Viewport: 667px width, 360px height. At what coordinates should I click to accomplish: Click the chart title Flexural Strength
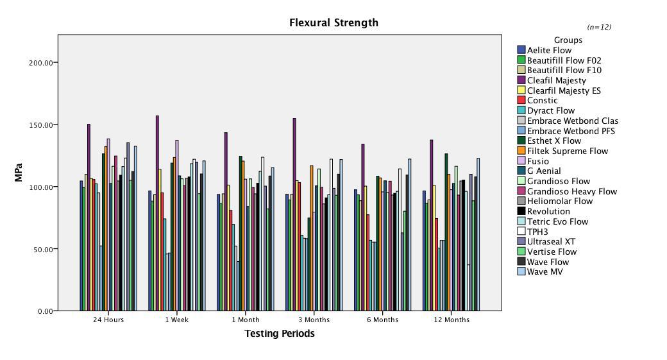coord(333,22)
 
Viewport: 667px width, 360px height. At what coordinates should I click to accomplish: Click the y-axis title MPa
coord(19,172)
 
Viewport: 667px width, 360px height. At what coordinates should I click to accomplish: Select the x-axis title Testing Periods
coord(280,334)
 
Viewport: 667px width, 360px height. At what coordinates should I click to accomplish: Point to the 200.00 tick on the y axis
coord(40,63)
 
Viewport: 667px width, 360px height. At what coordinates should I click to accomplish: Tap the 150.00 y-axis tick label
coord(40,124)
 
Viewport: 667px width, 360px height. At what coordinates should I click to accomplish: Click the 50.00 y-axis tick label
coord(42,249)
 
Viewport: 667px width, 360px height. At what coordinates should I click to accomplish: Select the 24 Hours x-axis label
coord(108,320)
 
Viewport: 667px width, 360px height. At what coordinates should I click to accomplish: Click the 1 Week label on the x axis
coord(177,320)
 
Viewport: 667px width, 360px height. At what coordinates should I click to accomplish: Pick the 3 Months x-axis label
coord(314,320)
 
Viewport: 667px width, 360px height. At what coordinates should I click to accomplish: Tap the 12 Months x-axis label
coord(452,320)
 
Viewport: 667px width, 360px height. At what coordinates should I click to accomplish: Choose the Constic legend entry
coord(542,100)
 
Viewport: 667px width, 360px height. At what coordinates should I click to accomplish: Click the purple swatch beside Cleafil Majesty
coord(521,80)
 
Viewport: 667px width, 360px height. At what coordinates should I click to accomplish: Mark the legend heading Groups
coord(568,40)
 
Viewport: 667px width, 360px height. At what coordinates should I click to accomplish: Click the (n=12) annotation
coord(599,27)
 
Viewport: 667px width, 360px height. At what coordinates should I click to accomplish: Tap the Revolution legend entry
coord(548,211)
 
